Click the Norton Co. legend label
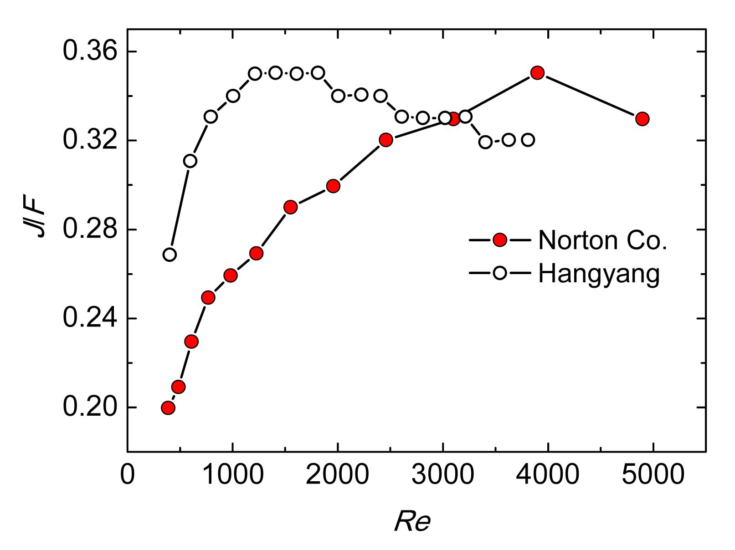(602, 240)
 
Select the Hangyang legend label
(599, 274)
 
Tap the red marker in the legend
(500, 240)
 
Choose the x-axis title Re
(412, 522)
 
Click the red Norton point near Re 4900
(642, 119)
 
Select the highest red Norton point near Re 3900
(538, 73)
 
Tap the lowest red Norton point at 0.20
(168, 407)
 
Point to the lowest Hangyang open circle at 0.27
(170, 255)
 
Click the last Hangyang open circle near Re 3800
(528, 140)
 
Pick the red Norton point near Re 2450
(386, 140)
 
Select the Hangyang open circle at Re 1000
(233, 96)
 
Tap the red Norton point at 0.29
(290, 207)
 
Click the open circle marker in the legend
(500, 273)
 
